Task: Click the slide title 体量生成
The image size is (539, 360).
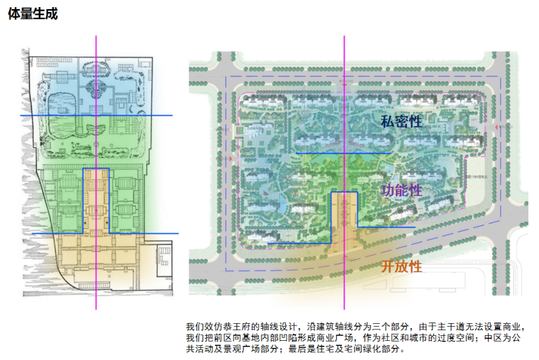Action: [x=32, y=13]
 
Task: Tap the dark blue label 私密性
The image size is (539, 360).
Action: [x=401, y=121]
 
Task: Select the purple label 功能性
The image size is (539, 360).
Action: [x=401, y=190]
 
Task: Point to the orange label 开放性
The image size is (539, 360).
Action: [x=401, y=266]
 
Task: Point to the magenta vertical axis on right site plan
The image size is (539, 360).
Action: [x=345, y=78]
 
